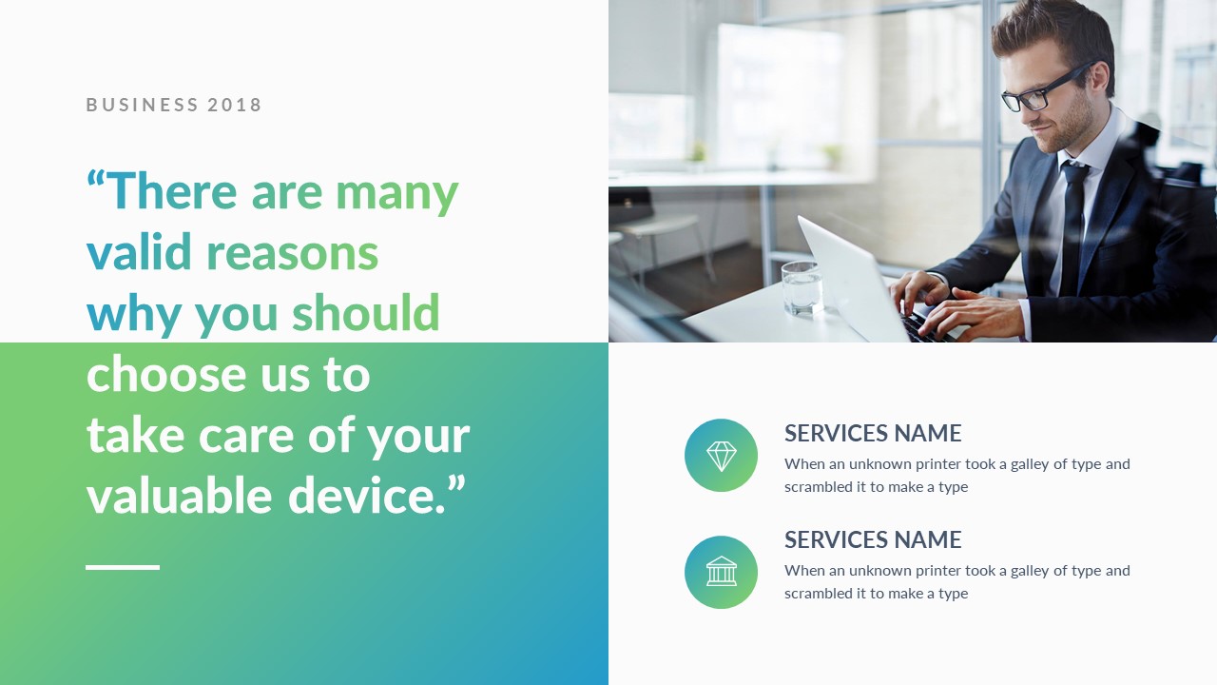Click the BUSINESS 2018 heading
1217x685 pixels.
(174, 105)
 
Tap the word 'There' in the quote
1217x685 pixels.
(174, 190)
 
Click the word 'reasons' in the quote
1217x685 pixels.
(292, 253)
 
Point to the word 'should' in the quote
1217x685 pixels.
(366, 312)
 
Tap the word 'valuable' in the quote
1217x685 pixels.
(180, 494)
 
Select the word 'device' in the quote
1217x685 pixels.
(360, 494)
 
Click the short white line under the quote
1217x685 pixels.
(123, 567)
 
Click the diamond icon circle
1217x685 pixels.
(721, 455)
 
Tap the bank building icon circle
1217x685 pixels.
(721, 572)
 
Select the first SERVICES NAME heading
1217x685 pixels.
(873, 433)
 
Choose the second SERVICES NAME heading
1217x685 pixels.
(873, 539)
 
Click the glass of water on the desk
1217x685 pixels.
(802, 288)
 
